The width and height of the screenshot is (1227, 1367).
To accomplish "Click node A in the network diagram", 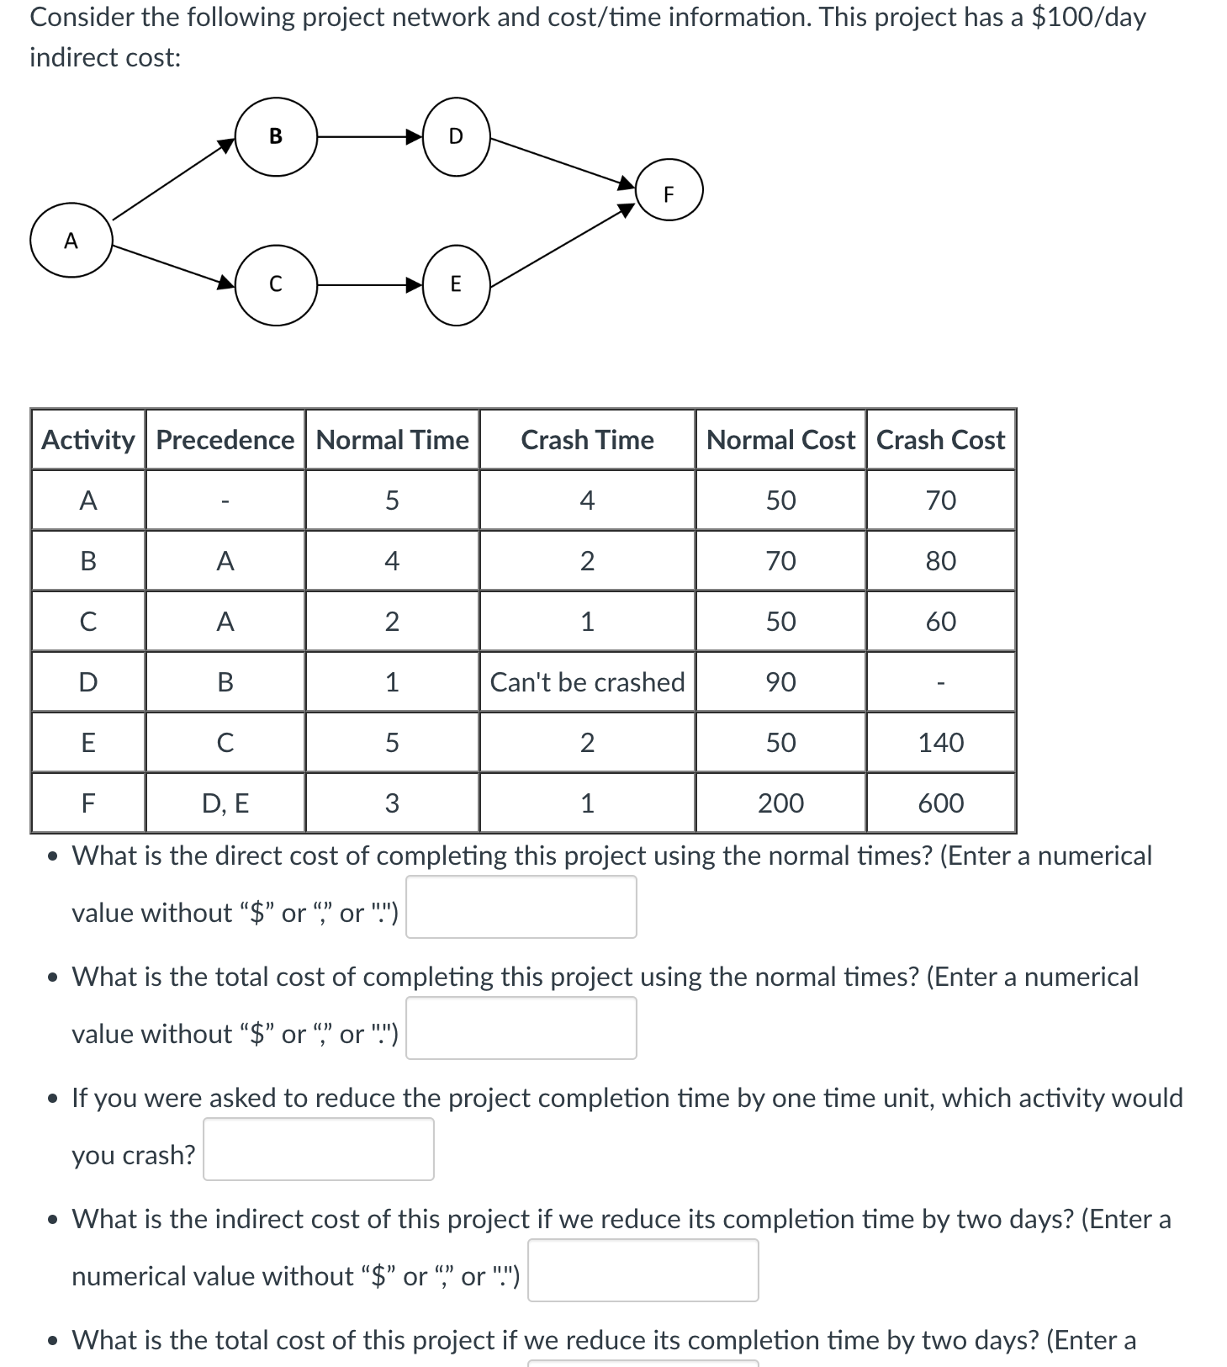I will coord(71,241).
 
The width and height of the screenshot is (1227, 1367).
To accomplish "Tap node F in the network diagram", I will coord(669,193).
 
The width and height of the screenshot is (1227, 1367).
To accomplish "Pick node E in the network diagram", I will coord(456,284).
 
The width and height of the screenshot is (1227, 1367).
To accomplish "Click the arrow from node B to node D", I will coord(368,136).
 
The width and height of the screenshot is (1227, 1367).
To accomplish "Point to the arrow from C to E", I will coord(368,285).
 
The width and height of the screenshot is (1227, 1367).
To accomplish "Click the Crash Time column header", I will coord(587,440).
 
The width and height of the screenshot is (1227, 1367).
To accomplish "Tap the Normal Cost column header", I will coord(780,440).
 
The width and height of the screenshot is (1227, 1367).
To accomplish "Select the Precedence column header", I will coord(225,440).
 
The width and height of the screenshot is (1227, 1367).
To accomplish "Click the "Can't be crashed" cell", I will coord(587,682).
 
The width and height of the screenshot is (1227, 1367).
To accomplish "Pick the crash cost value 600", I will coord(940,803).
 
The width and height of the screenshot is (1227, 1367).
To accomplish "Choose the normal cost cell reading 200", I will coord(780,803).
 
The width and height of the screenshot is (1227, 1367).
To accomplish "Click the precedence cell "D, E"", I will coord(225,803).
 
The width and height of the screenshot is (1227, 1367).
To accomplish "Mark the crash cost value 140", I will coord(940,743).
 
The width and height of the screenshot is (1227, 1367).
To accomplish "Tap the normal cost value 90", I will coord(780,682).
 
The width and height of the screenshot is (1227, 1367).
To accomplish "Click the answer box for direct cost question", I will coord(521,907).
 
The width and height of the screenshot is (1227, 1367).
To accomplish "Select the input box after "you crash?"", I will coord(318,1149).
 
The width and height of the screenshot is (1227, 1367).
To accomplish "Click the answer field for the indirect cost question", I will coord(643,1270).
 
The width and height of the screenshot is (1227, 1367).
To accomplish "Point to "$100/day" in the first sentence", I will coord(1088,17).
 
